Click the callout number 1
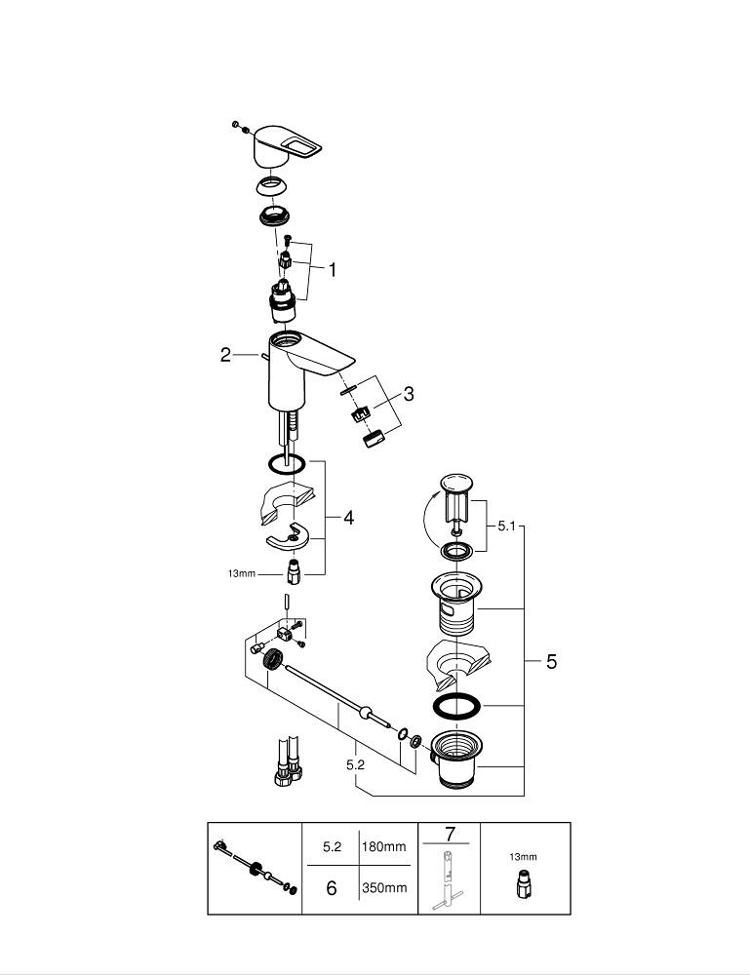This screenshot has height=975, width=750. click(x=332, y=270)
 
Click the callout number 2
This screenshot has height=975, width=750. click(x=225, y=355)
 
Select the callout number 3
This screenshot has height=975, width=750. click(x=409, y=394)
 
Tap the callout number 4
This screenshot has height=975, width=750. click(x=348, y=518)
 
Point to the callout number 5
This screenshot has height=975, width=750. click(x=551, y=662)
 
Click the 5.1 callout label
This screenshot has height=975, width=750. click(x=505, y=526)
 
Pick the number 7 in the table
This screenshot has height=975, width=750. click(x=450, y=834)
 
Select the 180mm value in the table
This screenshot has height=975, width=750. click(x=383, y=846)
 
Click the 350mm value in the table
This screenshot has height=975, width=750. click(x=383, y=888)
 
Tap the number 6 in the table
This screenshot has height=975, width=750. click(x=332, y=888)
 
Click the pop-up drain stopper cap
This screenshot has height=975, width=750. click(x=454, y=482)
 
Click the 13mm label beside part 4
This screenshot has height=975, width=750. click(x=240, y=574)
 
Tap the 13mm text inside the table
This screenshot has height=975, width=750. click(x=523, y=857)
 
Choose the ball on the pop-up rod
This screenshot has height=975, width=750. click(x=366, y=714)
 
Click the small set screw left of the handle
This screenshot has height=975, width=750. click(x=236, y=124)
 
